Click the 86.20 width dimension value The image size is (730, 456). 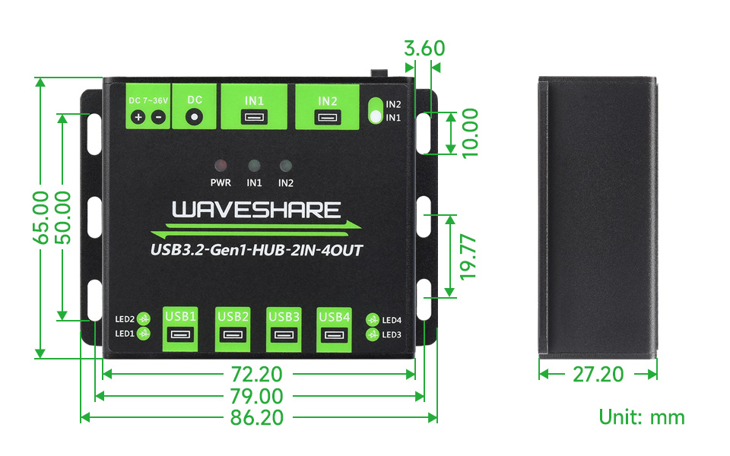[257, 417]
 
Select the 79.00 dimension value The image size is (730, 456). [257, 397]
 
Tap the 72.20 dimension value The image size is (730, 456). [257, 374]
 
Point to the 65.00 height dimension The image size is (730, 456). [40, 217]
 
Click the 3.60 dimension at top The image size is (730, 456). [424, 49]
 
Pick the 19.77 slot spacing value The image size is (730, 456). [468, 258]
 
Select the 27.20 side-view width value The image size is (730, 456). [598, 374]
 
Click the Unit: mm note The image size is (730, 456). [642, 417]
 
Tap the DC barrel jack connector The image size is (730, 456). [194, 116]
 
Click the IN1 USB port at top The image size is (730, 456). [254, 117]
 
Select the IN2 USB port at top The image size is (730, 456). [327, 117]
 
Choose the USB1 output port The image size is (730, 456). [180, 334]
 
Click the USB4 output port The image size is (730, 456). [334, 334]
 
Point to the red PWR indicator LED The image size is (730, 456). [221, 165]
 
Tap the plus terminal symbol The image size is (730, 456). [138, 117]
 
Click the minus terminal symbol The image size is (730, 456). [159, 117]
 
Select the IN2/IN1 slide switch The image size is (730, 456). [375, 111]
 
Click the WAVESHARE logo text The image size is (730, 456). [256, 210]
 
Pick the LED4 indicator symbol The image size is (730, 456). [373, 320]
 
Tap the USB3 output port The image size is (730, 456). [284, 334]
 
